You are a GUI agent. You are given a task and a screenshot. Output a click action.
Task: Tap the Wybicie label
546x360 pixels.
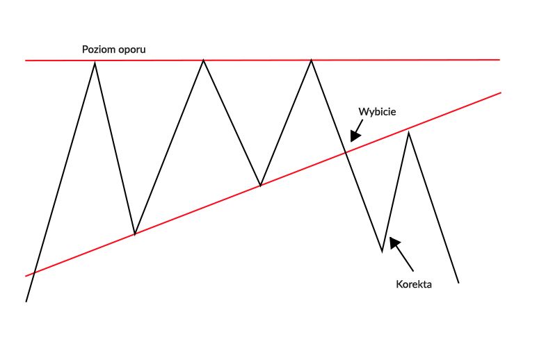pyautogui.click(x=377, y=111)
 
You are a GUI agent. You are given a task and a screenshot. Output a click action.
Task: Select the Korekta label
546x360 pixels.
pyautogui.click(x=414, y=284)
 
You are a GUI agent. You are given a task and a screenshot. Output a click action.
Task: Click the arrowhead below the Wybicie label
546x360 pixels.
pyautogui.click(x=355, y=136)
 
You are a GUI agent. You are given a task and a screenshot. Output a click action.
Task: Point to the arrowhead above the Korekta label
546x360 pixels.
pyautogui.click(x=395, y=243)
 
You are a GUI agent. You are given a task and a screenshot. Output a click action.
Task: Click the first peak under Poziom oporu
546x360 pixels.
pyautogui.click(x=94, y=62)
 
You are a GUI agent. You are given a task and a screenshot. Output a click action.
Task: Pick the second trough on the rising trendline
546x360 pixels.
pyautogui.click(x=260, y=186)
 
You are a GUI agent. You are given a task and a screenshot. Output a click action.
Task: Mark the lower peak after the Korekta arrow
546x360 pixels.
pyautogui.click(x=408, y=131)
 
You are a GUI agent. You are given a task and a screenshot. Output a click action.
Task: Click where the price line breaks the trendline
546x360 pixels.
pyautogui.click(x=346, y=152)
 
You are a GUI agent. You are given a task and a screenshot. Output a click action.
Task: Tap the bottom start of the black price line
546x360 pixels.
pyautogui.click(x=26, y=302)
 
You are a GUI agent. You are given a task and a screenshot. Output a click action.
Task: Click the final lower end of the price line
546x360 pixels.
pyautogui.click(x=459, y=283)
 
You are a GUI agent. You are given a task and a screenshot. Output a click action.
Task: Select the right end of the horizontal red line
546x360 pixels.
pyautogui.click(x=499, y=60)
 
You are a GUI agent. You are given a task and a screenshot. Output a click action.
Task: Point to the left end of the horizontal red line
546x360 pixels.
pyautogui.click(x=26, y=61)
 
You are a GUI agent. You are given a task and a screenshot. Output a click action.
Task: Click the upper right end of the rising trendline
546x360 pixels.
pyautogui.click(x=500, y=92)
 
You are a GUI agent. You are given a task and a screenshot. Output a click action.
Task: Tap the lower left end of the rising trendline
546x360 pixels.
pyautogui.click(x=26, y=275)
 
